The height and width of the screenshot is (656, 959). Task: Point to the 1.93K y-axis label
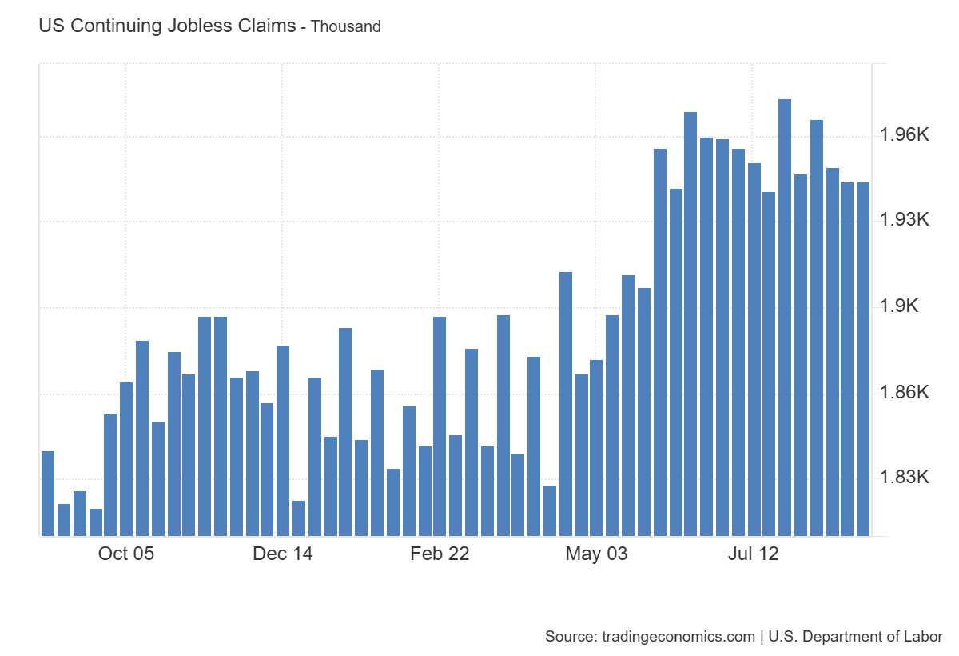[905, 220]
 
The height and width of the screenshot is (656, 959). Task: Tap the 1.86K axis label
[905, 392]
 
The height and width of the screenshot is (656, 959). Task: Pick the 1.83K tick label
[905, 478]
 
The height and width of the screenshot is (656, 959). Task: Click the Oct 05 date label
[125, 554]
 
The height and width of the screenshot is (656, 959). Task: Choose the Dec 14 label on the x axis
[283, 554]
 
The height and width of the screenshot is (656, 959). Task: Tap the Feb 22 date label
[440, 554]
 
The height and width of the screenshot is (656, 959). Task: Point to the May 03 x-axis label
[596, 554]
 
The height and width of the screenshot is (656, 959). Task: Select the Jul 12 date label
[753, 554]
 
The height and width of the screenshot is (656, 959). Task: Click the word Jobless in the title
[195, 26]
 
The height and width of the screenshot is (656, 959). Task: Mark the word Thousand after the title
[345, 26]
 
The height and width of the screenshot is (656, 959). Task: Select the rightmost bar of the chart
[863, 359]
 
